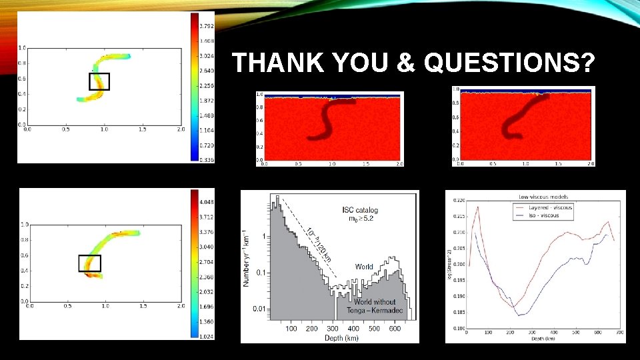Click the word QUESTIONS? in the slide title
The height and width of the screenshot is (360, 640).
tap(509, 64)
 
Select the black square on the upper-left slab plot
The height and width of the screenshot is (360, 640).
tap(99, 81)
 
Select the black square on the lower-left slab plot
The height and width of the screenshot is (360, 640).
tap(89, 263)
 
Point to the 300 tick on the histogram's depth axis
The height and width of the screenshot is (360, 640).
tap(332, 329)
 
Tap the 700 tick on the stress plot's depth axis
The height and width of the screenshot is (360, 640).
tap(619, 332)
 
